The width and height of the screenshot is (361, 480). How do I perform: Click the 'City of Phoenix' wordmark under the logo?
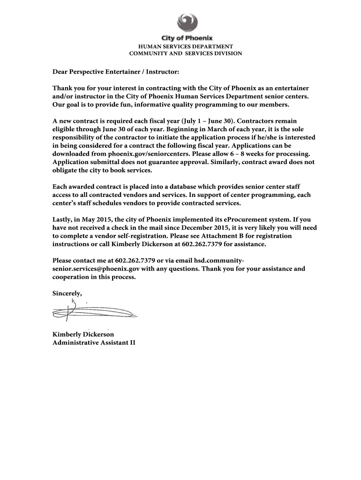click(187, 38)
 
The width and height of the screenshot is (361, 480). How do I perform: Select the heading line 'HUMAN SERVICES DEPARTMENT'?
click(185, 46)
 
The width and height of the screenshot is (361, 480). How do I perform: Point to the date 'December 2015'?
click(204, 228)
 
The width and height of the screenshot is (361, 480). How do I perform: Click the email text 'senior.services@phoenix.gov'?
click(96, 269)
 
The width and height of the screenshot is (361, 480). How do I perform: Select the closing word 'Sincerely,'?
click(67, 293)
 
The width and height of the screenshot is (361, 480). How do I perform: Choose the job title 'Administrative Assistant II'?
click(94, 343)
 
